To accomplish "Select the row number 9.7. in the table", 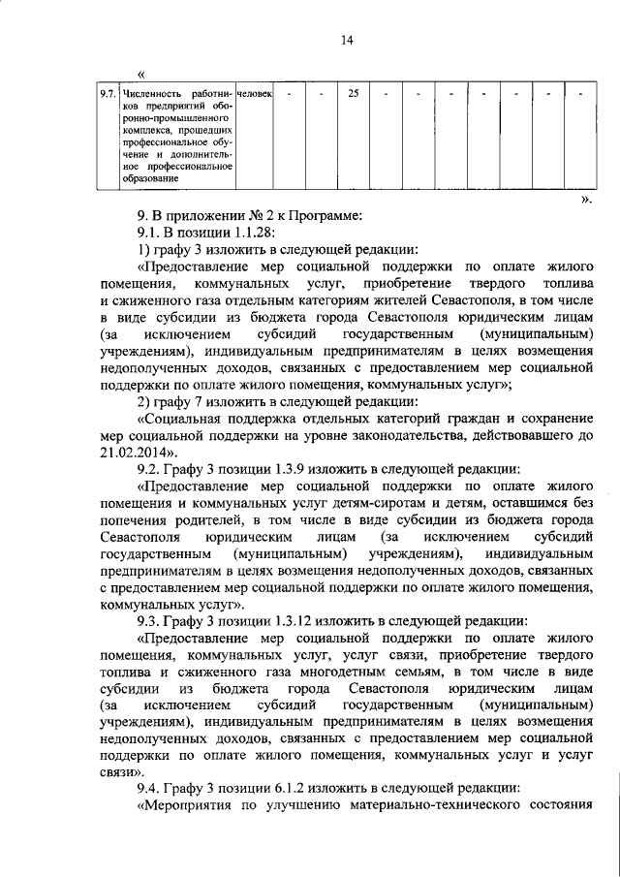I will (108, 94).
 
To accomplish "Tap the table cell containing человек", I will (255, 94).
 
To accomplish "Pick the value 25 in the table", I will (354, 94).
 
